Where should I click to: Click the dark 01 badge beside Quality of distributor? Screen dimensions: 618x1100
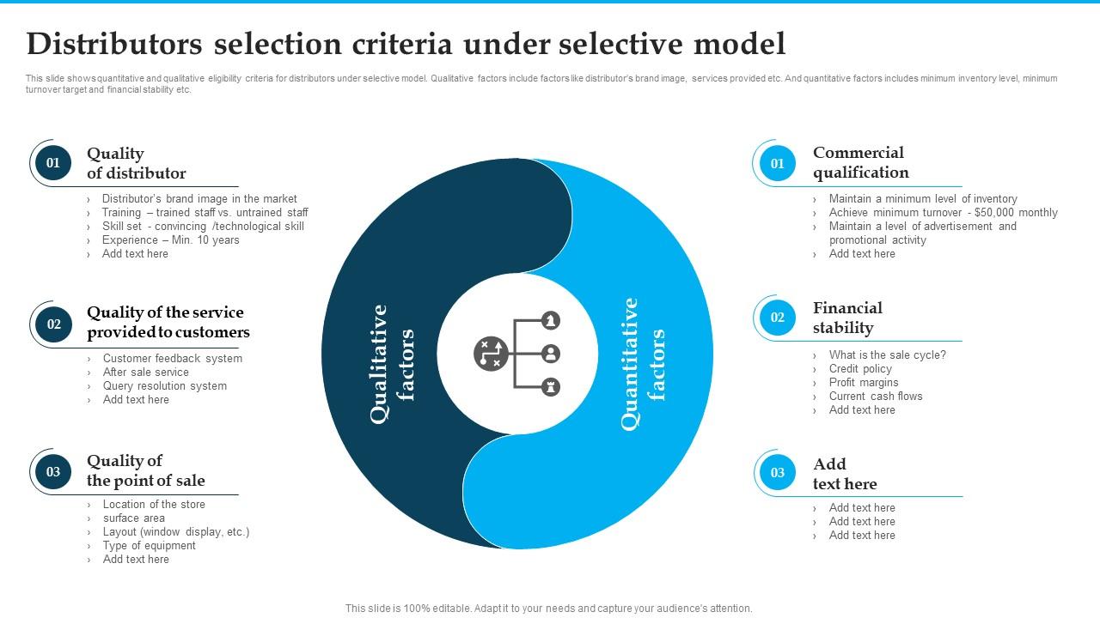53,163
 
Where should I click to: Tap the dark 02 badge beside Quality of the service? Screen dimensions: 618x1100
53,324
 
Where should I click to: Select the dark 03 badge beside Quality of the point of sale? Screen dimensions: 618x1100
53,471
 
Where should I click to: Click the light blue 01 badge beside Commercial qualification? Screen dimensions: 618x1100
777,163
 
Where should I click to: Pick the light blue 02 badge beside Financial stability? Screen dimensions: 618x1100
777,318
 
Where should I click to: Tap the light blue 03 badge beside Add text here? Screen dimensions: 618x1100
777,473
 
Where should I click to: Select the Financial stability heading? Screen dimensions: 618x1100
847,318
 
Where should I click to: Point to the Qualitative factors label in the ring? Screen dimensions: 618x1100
392,363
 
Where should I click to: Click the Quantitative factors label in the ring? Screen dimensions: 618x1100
643,363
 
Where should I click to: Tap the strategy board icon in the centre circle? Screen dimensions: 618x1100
491,354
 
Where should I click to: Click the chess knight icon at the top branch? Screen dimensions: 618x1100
551,321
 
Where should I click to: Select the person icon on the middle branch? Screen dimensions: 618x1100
551,354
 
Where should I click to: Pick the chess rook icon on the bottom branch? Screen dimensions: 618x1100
551,386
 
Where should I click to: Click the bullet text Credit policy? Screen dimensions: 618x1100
860,369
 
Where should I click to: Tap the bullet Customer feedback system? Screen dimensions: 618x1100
172,359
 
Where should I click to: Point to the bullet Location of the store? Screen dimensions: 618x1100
154,505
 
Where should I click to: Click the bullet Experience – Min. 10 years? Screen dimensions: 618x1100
170,240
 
